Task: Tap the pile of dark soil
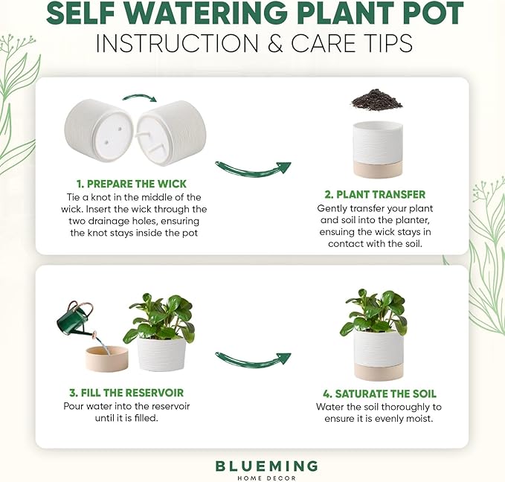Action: coord(376,99)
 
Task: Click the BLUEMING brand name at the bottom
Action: coord(266,466)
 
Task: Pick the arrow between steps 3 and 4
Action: coord(253,359)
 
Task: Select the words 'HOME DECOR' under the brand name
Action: coord(266,478)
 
